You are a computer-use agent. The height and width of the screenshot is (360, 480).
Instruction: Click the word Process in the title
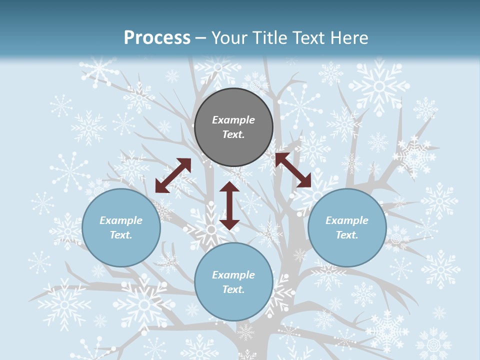coord(157,38)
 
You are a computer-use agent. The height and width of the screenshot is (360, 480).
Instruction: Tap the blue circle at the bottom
coord(233,305)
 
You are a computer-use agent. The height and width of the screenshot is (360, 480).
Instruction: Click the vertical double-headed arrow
coord(229,205)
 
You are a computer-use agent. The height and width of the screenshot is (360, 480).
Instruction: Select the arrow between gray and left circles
coord(173,175)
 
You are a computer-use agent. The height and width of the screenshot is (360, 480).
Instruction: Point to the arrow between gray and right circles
coord(293,170)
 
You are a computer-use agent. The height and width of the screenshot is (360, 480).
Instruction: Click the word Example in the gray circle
coord(233,120)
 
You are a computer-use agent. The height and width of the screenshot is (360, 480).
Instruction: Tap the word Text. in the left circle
coord(121,235)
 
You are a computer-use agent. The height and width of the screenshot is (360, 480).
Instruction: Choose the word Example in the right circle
coord(347,220)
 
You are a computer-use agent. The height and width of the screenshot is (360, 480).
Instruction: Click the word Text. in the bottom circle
coord(233,289)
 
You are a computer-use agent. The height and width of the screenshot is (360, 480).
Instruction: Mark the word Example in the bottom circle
coord(233,275)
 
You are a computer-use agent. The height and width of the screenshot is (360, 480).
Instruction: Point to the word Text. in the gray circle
coord(233,134)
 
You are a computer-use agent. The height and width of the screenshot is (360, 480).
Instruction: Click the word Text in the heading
coord(308,38)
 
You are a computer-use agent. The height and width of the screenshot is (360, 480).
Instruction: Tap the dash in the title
coord(200,38)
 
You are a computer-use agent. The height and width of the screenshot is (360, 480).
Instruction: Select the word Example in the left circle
coord(121,220)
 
